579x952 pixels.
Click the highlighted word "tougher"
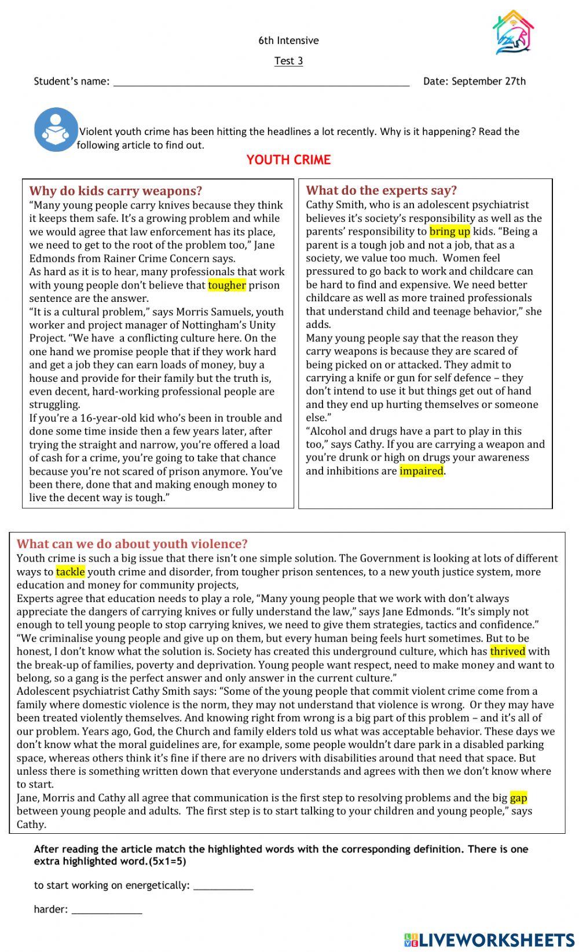pyautogui.click(x=227, y=285)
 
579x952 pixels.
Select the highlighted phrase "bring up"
pyautogui.click(x=449, y=232)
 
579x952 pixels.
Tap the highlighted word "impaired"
pyautogui.click(x=422, y=471)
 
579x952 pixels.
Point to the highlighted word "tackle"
pyautogui.click(x=71, y=572)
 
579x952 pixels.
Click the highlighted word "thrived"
pyautogui.click(x=507, y=651)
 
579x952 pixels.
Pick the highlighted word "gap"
pyautogui.click(x=518, y=798)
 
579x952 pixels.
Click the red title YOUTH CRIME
pyautogui.click(x=288, y=160)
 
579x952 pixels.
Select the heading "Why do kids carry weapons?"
pyautogui.click(x=116, y=191)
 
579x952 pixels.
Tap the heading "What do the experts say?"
pyautogui.click(x=382, y=190)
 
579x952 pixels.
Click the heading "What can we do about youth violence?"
pyautogui.click(x=132, y=544)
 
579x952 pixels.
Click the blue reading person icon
pyautogui.click(x=56, y=130)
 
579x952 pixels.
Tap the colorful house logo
pyautogui.click(x=512, y=33)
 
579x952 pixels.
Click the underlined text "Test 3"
pyautogui.click(x=288, y=61)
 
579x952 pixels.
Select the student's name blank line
pyautogui.click(x=261, y=82)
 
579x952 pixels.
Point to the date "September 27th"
pyautogui.click(x=489, y=81)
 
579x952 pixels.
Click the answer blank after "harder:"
pyautogui.click(x=107, y=909)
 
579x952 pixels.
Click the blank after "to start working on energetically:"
pyautogui.click(x=223, y=885)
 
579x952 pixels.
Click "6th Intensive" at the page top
pyautogui.click(x=288, y=41)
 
